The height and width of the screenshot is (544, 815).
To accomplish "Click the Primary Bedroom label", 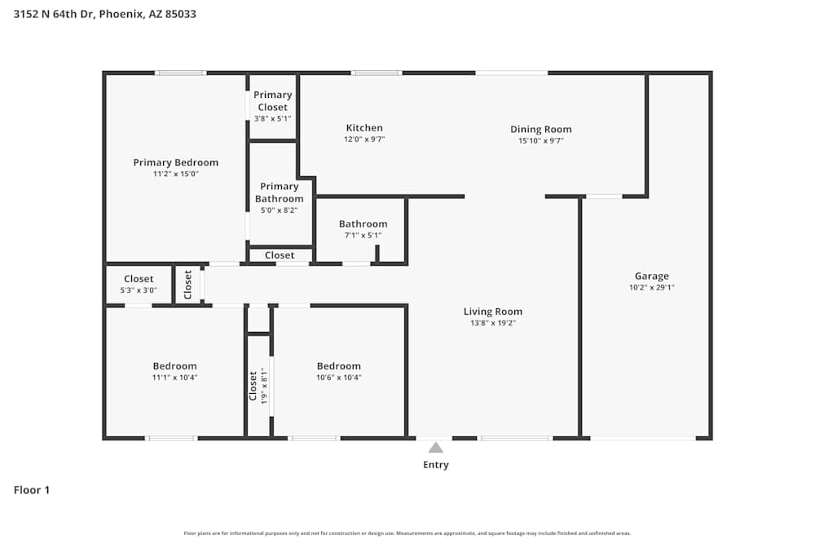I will [x=175, y=162].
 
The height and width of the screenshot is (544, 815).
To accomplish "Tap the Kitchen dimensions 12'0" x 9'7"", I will [x=364, y=139].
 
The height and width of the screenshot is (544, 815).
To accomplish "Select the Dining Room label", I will [x=540, y=129].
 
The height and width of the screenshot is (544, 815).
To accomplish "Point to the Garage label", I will [x=651, y=276].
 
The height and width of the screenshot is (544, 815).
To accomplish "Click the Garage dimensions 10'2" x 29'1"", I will [x=651, y=287].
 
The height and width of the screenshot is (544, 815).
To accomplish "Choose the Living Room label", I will [x=492, y=311].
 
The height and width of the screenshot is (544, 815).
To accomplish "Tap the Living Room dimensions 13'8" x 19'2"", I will [x=492, y=323].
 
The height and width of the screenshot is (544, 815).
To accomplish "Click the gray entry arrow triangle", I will [x=436, y=447].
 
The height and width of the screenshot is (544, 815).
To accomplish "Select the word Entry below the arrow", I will [x=435, y=465].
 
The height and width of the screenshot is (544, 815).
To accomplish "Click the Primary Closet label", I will [x=272, y=101].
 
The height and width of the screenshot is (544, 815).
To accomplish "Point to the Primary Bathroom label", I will [x=280, y=192].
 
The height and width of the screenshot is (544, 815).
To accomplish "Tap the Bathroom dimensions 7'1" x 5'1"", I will [x=363, y=236].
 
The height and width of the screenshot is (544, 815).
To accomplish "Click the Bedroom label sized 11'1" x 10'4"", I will [x=174, y=366].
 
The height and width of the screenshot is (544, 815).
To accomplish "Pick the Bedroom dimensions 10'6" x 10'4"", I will [x=338, y=378].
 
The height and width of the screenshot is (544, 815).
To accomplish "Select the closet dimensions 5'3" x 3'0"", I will [x=139, y=290].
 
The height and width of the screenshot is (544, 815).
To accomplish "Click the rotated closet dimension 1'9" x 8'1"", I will [x=264, y=387].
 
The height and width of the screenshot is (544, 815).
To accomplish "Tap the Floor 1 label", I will [x=32, y=490].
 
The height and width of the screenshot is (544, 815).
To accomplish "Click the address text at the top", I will [x=104, y=14].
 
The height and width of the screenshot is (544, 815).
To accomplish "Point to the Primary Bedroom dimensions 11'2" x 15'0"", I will [x=175, y=174].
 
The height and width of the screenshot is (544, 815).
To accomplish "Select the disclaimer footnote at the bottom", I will [x=407, y=533].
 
